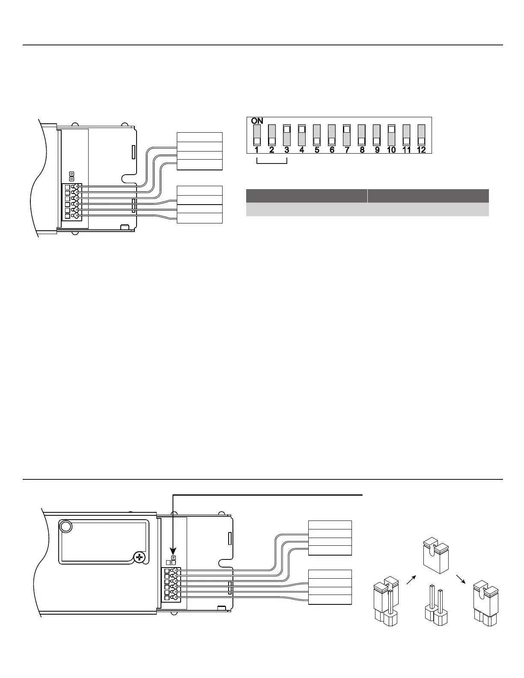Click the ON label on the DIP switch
pos(257,121)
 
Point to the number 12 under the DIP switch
pos(421,150)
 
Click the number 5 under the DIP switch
pos(317,150)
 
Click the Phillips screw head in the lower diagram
pos(139,557)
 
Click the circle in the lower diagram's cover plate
pos(65,526)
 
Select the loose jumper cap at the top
pos(435,555)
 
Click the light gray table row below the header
pos(367,209)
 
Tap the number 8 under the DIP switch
pos(362,150)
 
